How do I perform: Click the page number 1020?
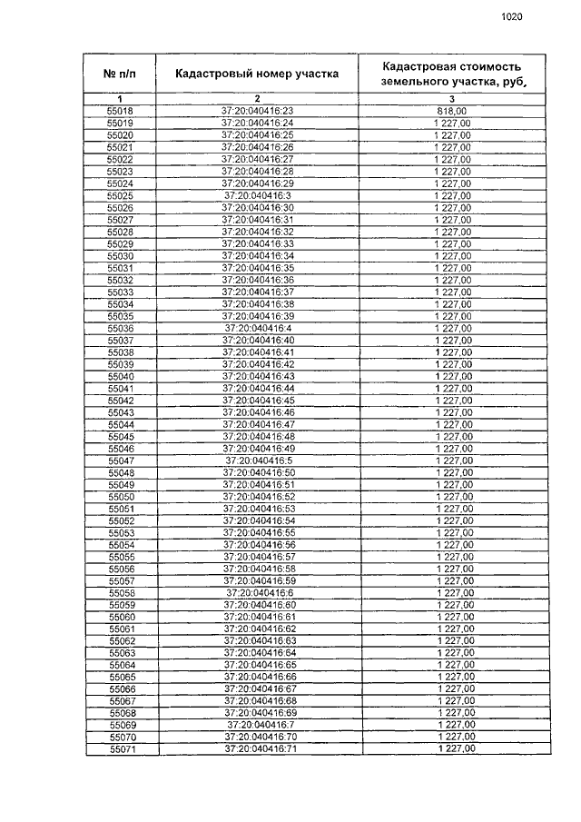tap(512, 15)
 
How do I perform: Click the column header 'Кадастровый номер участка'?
tap(257, 74)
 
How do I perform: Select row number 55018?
tap(120, 111)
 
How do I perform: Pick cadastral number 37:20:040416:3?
tap(258, 195)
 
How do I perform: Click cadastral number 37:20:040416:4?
tap(258, 328)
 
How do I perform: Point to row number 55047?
tap(121, 461)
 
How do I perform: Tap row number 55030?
tap(121, 256)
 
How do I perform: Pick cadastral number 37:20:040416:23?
tap(258, 111)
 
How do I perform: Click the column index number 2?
tap(257, 98)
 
